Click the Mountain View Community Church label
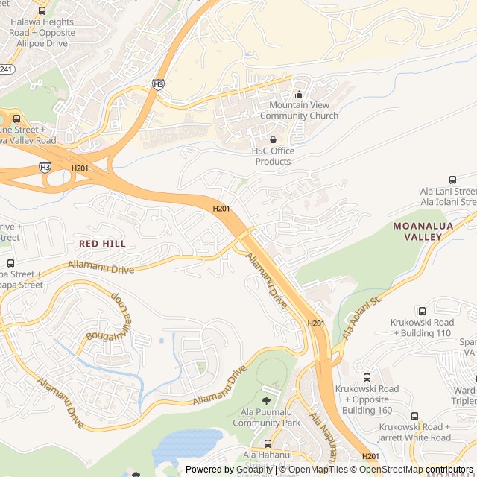[x=299, y=110]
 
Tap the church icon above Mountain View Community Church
[x=300, y=94]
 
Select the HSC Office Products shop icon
[x=273, y=139]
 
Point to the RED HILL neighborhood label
[x=102, y=244]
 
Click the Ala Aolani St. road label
[x=362, y=315]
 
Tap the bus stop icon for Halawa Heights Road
[x=42, y=11]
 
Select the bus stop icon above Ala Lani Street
[x=452, y=180]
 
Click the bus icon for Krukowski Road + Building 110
[x=422, y=311]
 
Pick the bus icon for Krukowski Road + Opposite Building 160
[x=367, y=378]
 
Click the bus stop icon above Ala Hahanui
[x=268, y=444]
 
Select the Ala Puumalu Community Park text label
[x=266, y=417]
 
